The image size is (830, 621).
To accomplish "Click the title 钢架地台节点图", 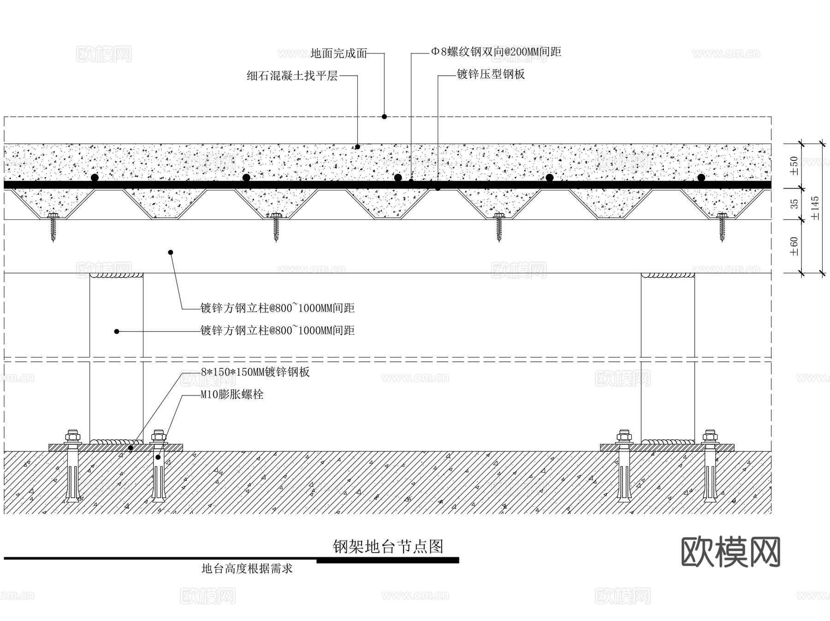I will [x=388, y=546].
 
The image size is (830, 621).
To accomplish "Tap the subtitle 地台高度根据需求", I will [x=247, y=568].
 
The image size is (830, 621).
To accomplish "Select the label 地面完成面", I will [x=338, y=53].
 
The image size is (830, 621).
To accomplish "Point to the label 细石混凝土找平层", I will [x=292, y=76].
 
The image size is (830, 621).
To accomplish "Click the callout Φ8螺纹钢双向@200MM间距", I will [x=496, y=52].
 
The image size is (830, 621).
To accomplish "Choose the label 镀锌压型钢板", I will [x=491, y=74].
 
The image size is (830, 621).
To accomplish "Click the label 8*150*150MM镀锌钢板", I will [x=255, y=372].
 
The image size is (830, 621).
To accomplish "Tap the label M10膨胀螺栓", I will [x=232, y=395].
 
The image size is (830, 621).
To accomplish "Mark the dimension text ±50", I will [x=794, y=166].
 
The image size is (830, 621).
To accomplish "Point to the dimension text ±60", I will [x=794, y=246].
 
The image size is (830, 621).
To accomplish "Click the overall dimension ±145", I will [x=815, y=208].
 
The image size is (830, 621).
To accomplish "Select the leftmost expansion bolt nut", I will [x=73, y=436].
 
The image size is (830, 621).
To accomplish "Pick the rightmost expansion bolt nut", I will [x=709, y=436].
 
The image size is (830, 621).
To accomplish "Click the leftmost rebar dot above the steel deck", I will [x=95, y=177].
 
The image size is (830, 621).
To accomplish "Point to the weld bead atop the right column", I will [x=668, y=275].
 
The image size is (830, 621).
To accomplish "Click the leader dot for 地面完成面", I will [x=384, y=117].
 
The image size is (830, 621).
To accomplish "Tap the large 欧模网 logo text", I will [x=730, y=552].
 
